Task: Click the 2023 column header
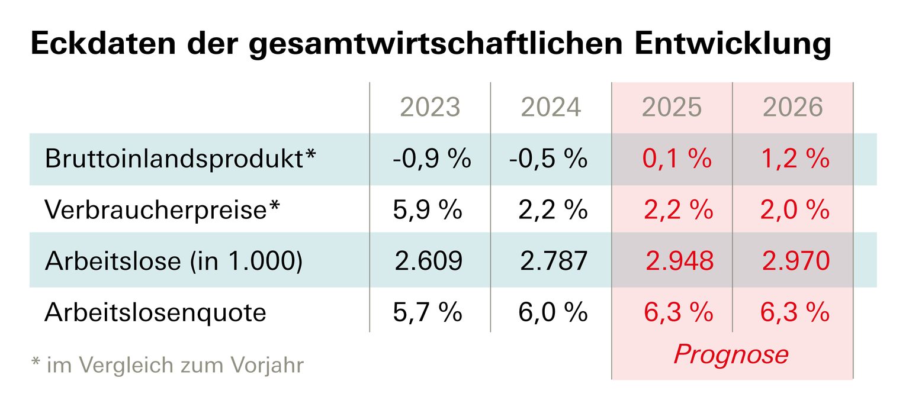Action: click(x=430, y=107)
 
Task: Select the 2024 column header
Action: click(x=551, y=107)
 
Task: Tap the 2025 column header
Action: click(x=672, y=107)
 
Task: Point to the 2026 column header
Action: click(x=793, y=107)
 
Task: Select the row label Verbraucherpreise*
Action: click(x=162, y=210)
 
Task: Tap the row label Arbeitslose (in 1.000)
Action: click(x=174, y=261)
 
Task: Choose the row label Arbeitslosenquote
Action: click(x=155, y=312)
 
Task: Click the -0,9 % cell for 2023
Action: click(x=431, y=159)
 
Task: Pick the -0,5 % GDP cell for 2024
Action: click(x=548, y=159)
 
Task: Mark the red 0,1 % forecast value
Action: click(x=677, y=159)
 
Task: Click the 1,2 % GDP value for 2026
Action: click(x=795, y=159)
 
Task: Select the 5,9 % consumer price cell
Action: click(x=427, y=210)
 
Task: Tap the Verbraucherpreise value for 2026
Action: click(x=795, y=210)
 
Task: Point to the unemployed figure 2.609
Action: click(x=428, y=261)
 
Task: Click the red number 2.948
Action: click(x=679, y=261)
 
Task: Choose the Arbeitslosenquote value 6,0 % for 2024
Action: click(x=553, y=312)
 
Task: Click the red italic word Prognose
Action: click(x=731, y=354)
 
